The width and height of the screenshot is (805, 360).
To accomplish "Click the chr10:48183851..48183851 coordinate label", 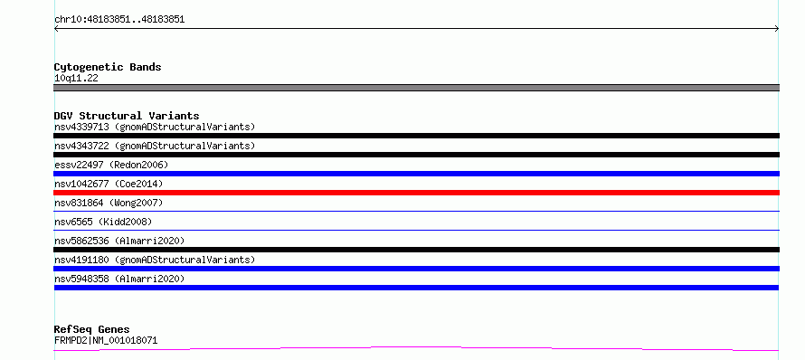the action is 119,20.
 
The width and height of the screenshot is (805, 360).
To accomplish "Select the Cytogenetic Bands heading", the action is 108,67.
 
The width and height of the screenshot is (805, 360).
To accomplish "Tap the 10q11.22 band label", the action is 76,79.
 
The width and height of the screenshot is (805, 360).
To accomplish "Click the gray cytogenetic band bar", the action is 416,88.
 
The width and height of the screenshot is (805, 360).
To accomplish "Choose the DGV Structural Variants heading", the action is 127,116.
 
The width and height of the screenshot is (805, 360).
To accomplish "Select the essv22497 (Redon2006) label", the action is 111,165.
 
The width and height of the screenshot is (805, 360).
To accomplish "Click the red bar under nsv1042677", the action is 416,193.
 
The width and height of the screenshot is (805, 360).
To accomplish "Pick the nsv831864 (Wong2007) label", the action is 109,203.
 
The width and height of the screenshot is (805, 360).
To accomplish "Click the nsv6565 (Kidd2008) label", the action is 103,222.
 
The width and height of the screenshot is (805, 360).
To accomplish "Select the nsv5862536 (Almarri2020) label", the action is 119,241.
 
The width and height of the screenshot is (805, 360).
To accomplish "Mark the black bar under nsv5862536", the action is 416,250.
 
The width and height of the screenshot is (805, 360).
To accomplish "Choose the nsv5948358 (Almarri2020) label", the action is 119,279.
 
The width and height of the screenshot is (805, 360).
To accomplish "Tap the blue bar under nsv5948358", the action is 416,288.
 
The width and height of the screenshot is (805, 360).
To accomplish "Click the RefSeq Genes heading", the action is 92,329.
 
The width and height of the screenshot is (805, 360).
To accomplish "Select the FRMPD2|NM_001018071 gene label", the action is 106,340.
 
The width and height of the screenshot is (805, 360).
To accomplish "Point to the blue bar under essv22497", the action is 416,174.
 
